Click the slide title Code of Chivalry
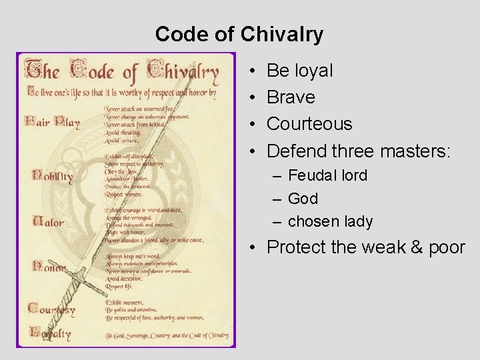tap(239, 34)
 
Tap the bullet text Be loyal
tap(299, 71)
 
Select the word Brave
tap(291, 97)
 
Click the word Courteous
tap(309, 124)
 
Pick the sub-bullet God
tap(303, 199)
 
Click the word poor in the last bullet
tap(447, 247)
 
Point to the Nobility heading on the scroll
tap(52, 176)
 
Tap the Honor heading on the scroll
tap(49, 267)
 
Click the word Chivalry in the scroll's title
tap(183, 72)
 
